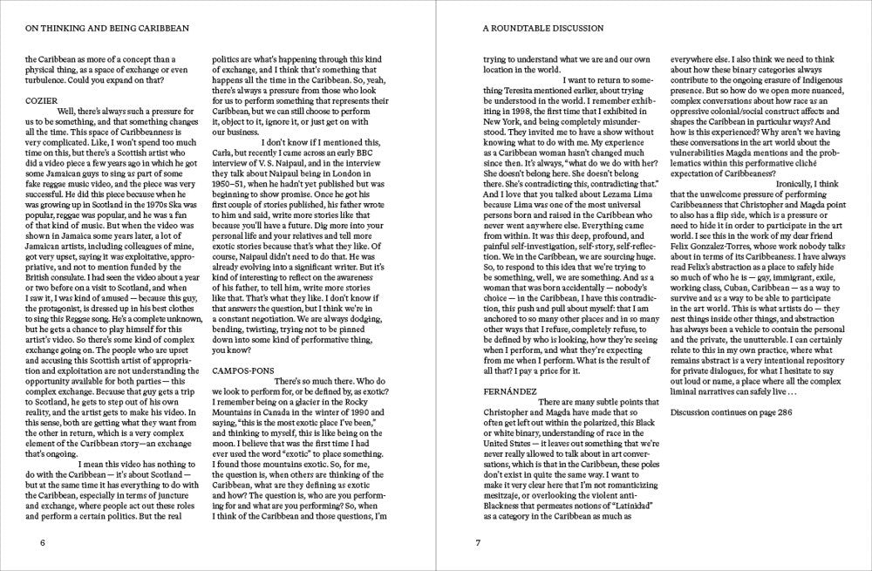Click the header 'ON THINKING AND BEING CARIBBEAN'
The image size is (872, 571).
(108, 27)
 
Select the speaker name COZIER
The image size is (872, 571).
(43, 100)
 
